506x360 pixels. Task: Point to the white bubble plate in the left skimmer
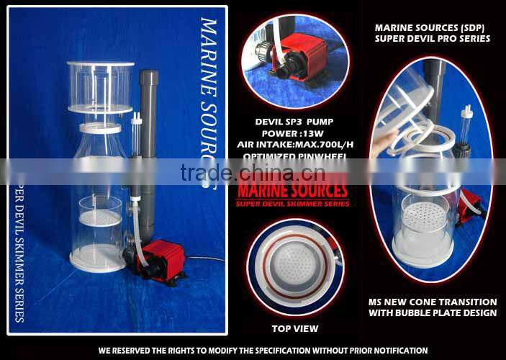tap(99, 215)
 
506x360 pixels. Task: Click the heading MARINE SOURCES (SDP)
tap(433, 28)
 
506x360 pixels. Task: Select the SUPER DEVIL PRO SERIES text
tap(433, 38)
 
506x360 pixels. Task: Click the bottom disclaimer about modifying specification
tap(253, 351)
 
